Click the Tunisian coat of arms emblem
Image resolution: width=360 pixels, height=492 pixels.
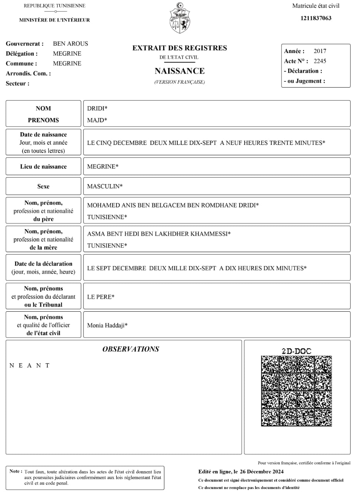click(x=180, y=18)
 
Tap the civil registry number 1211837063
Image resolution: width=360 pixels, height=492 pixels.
click(x=316, y=18)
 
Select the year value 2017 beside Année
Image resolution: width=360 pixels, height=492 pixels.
click(x=320, y=51)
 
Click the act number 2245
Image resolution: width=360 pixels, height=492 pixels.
click(x=320, y=61)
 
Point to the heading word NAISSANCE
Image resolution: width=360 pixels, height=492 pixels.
click(x=180, y=71)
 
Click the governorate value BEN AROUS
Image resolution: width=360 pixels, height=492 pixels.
click(x=70, y=44)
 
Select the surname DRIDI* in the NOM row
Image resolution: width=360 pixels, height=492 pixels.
click(x=97, y=109)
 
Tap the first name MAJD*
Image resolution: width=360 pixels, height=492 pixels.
click(x=97, y=120)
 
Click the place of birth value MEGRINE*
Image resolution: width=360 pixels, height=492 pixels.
click(x=103, y=167)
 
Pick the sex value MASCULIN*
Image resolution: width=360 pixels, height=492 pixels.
click(x=105, y=186)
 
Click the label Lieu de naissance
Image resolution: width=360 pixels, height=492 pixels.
click(x=43, y=167)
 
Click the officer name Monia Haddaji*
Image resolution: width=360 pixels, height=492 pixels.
click(x=107, y=326)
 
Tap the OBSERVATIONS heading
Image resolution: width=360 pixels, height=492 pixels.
click(x=130, y=349)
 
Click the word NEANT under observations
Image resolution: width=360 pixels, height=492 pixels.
click(x=30, y=366)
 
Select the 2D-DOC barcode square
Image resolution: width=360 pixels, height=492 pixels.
click(x=296, y=391)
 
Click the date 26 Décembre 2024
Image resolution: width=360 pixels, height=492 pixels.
click(x=262, y=472)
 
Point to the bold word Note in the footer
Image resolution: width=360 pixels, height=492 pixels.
click(x=16, y=471)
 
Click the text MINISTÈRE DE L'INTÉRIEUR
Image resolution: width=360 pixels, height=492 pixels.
click(x=55, y=20)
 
